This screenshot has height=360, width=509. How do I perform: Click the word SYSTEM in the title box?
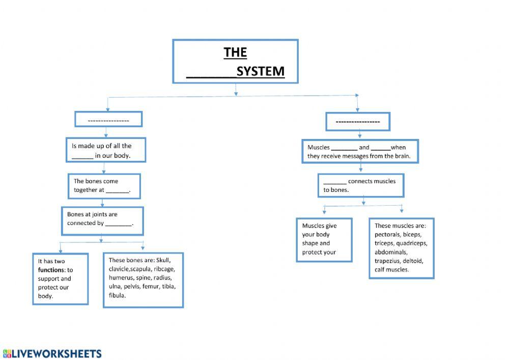click(260, 71)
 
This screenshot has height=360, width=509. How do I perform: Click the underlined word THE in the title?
click(235, 52)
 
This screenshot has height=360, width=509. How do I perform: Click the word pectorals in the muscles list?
click(387, 234)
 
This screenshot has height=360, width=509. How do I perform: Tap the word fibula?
click(117, 295)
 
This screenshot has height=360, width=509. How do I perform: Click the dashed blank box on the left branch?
click(108, 120)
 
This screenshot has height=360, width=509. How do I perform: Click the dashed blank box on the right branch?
click(358, 121)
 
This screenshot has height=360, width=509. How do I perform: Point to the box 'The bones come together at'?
click(104, 186)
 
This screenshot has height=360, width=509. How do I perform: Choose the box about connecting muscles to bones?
click(361, 185)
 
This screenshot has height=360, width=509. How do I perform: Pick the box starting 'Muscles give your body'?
click(324, 239)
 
